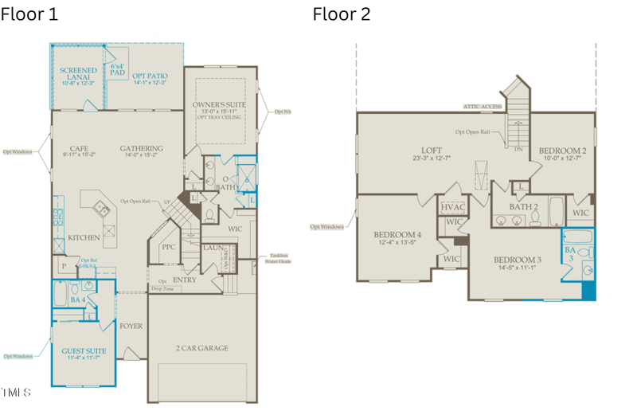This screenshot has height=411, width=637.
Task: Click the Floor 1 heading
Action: tap(29, 14)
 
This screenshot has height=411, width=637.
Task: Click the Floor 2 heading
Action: tap(341, 14)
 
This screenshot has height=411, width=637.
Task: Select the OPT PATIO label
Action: tap(150, 76)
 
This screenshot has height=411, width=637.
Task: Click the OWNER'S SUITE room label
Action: tap(219, 105)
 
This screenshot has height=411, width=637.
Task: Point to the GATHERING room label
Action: tap(142, 148)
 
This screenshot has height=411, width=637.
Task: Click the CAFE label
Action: tap(79, 148)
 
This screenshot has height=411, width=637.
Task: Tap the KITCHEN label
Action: tap(84, 237)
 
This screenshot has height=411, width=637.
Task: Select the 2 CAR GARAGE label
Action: tap(202, 348)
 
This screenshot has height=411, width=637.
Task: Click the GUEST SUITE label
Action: tap(84, 350)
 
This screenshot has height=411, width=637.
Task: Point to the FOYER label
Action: tap(131, 325)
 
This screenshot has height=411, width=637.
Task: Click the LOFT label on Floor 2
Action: tap(432, 151)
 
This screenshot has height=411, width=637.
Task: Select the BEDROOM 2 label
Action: tap(562, 151)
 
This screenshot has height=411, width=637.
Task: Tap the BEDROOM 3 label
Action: tap(518, 260)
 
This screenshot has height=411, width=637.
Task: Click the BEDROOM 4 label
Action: tap(397, 234)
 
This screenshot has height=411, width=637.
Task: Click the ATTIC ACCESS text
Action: tap(483, 106)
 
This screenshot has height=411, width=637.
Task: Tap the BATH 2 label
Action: tap(525, 206)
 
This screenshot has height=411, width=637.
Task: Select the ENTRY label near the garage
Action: tap(185, 280)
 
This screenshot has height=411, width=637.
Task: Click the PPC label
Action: tap(169, 247)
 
